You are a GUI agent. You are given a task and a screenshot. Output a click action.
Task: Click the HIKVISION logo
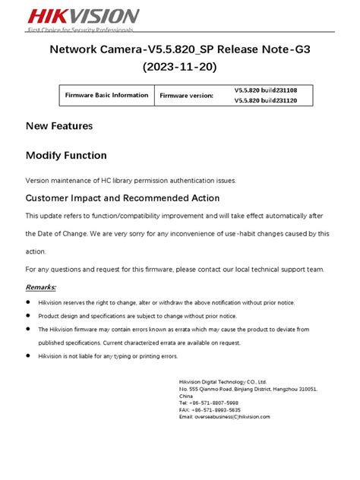point(72,16)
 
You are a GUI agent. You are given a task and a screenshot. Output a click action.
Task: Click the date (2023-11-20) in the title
point(179,68)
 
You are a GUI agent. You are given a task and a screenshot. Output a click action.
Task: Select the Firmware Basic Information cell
point(107,95)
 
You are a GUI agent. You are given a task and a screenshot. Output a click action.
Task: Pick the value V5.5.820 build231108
point(265,90)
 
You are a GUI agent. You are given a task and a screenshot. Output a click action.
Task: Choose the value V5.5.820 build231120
point(265,101)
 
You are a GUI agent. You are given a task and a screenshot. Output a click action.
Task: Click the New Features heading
point(59,126)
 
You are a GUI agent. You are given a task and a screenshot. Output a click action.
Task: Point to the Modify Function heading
point(66,156)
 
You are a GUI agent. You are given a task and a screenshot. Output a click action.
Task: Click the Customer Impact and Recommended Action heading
point(122,198)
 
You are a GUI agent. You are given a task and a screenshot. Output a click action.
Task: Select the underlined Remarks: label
point(41,288)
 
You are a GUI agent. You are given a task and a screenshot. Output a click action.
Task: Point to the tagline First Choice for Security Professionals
point(81,30)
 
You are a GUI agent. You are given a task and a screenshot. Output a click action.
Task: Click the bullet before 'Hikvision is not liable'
point(29,356)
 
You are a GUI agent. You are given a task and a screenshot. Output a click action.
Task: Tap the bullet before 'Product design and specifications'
point(29,316)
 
